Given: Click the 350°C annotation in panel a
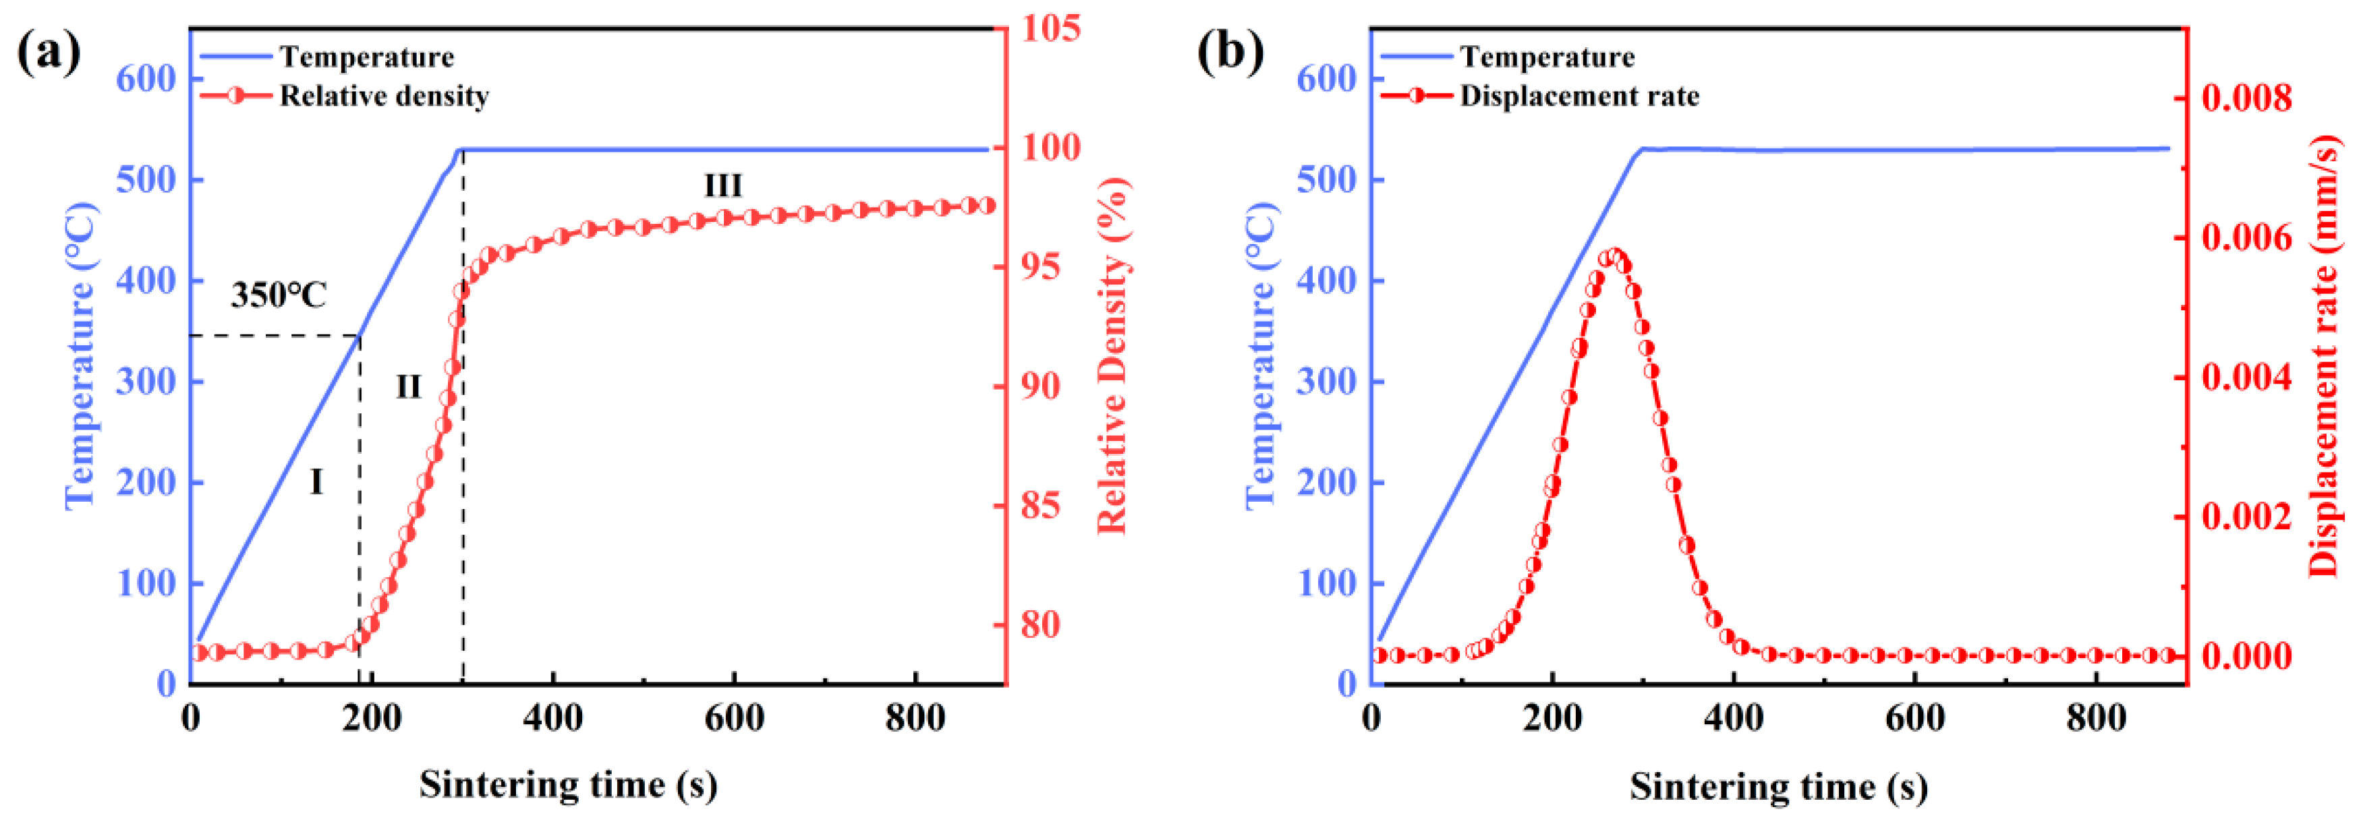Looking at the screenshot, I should point(278,295).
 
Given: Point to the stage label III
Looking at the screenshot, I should point(722,186).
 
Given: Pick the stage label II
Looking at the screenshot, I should point(408,387).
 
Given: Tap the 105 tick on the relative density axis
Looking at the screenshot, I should point(1050,28).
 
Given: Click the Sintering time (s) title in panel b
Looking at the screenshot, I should point(1778,786).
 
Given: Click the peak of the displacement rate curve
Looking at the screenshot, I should point(1615,255).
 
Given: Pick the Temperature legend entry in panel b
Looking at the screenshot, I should point(1546,57).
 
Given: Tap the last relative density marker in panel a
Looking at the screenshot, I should point(986,205).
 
